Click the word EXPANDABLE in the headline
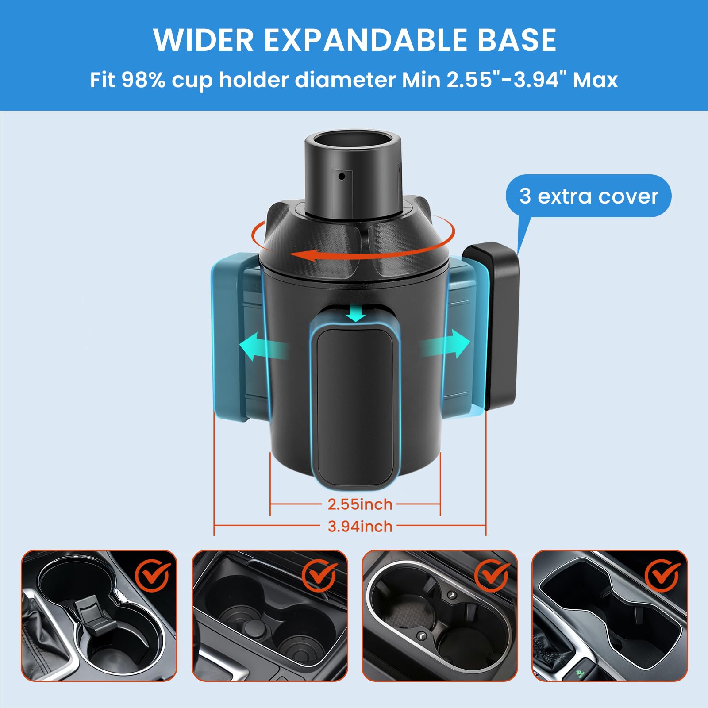click(366, 40)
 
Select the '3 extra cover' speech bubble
click(588, 196)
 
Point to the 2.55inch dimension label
click(360, 504)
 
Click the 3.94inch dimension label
click(360, 527)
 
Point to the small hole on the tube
click(342, 177)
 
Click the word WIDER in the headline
click(203, 40)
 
